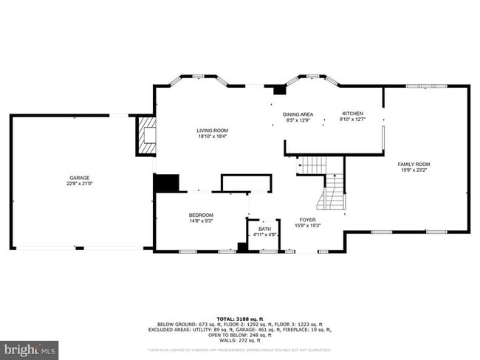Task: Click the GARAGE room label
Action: (x=80, y=178)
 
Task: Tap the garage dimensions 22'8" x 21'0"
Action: (x=80, y=183)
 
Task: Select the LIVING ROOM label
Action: (x=211, y=131)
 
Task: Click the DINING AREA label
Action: (x=298, y=114)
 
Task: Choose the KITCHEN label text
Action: (x=352, y=114)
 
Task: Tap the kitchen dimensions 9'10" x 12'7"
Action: (x=352, y=119)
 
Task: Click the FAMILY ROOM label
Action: (x=414, y=164)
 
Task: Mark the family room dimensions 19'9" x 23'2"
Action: (x=414, y=170)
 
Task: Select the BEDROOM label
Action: (x=180, y=215)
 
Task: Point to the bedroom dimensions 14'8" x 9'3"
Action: (x=180, y=221)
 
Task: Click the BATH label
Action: (x=264, y=229)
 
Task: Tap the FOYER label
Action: (x=308, y=220)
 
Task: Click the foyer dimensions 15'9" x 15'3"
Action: (x=308, y=225)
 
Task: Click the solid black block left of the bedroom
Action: (x=166, y=183)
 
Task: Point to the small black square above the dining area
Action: (x=278, y=90)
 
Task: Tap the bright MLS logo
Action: (x=30, y=348)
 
